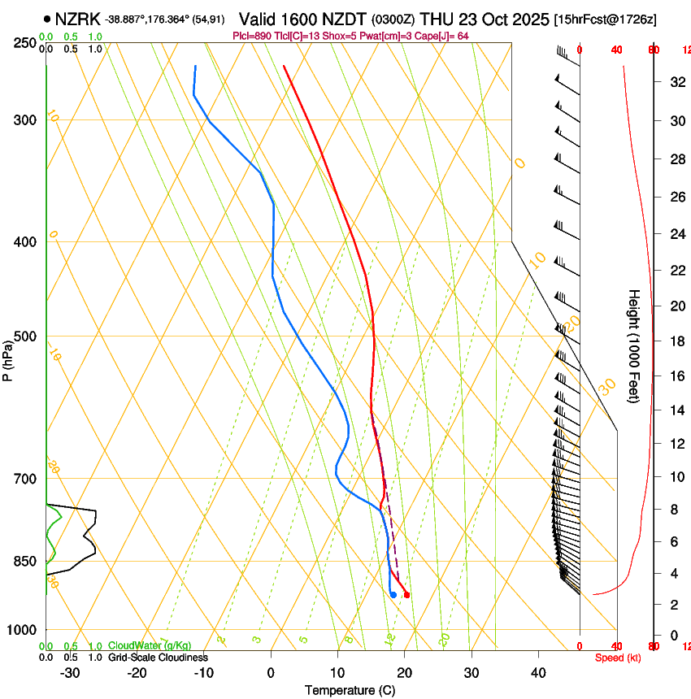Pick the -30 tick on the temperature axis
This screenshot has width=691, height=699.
coord(71,673)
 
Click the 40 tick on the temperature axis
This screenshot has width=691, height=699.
coord(537,673)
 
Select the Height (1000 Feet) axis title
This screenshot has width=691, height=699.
coord(635,346)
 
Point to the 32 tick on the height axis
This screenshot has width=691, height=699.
coord(676,81)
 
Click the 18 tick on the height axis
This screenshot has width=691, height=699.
coord(676,341)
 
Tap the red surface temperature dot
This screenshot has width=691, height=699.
coord(406,595)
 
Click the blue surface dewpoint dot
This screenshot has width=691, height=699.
coord(393,595)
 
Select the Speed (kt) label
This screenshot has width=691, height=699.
coord(617,658)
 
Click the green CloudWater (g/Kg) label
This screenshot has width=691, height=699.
coord(150,646)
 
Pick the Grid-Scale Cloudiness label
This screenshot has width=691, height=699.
coord(158,658)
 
